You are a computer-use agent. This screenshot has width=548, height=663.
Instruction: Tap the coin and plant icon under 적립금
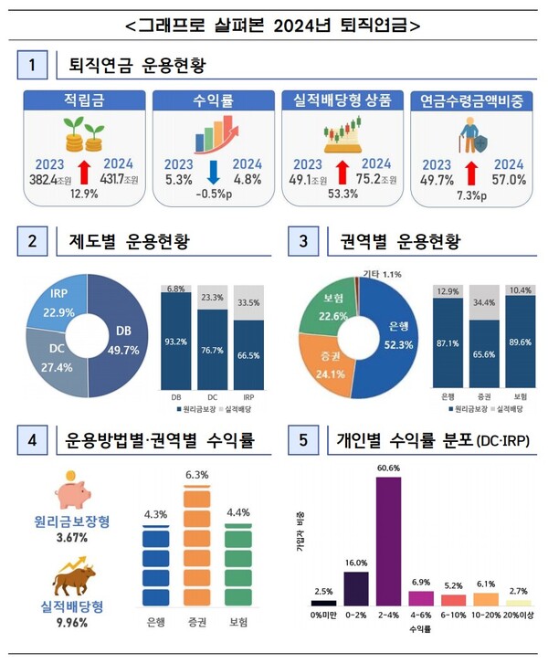(x=81, y=139)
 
